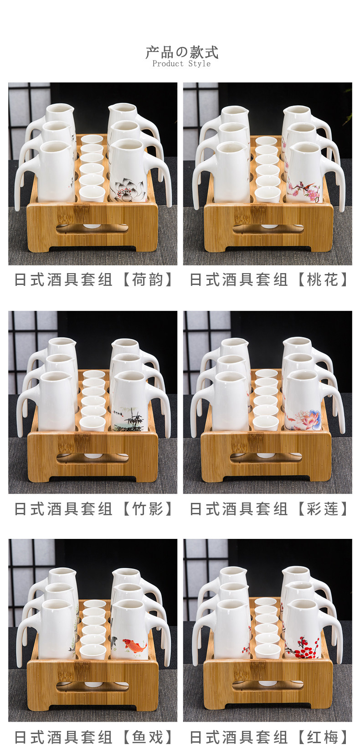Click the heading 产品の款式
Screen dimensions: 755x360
click(182, 52)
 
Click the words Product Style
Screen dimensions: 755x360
click(181, 64)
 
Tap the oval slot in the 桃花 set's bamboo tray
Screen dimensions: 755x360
click(268, 228)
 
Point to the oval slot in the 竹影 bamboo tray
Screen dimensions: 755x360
click(93, 458)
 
